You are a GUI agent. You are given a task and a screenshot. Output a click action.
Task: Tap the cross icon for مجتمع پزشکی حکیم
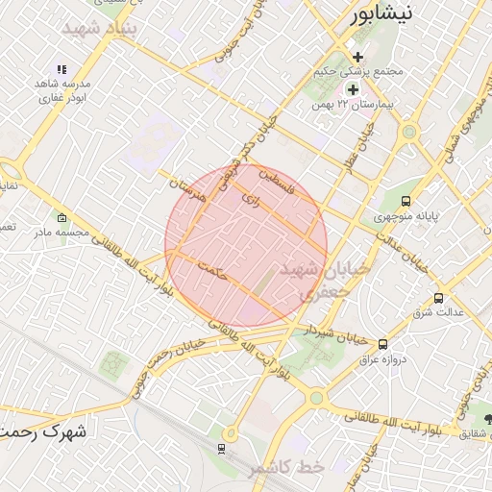click(x=358, y=57)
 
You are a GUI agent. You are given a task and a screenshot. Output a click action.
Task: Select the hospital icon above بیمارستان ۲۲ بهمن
click(x=353, y=88)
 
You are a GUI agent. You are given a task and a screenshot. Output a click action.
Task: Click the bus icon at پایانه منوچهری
click(x=407, y=202)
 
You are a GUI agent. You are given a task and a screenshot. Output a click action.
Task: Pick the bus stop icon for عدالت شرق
click(x=439, y=298)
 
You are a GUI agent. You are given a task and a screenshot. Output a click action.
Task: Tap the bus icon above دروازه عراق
click(x=383, y=344)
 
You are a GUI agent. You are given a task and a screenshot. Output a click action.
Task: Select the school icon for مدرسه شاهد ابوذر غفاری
click(x=61, y=69)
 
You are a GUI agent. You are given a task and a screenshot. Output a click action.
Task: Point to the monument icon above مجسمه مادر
click(x=62, y=218)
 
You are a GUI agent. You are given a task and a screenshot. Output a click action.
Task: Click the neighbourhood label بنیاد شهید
click(x=100, y=29)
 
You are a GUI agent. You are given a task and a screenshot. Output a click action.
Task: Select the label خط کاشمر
click(x=285, y=467)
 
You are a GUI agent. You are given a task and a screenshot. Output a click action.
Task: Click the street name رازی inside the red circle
click(x=253, y=201)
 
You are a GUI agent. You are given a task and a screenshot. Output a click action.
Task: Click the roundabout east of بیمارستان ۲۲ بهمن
click(x=410, y=132)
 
